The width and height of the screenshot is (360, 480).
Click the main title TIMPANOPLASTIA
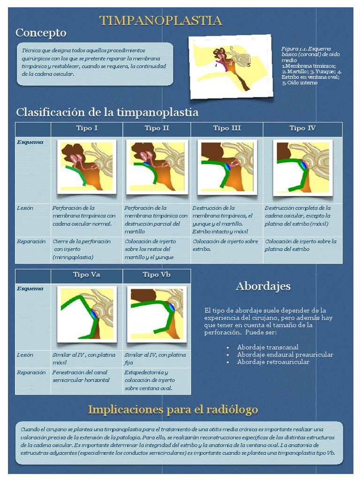click(x=160, y=21)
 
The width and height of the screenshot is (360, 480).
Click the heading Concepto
click(x=41, y=33)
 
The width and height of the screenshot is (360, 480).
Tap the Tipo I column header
click(x=87, y=128)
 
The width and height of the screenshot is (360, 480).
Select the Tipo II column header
click(x=157, y=128)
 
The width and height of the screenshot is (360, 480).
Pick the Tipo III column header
click(x=227, y=128)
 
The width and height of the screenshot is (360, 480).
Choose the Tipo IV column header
click(x=302, y=128)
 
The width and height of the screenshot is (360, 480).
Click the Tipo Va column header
click(x=87, y=275)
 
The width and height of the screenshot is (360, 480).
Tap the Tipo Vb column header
click(x=157, y=275)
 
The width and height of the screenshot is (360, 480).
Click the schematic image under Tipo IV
click(x=303, y=167)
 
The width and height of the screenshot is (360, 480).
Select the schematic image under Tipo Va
click(x=87, y=314)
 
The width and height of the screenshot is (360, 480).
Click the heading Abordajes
click(x=263, y=286)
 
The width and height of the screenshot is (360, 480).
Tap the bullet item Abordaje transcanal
click(x=268, y=347)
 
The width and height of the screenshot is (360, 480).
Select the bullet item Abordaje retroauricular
click(x=273, y=362)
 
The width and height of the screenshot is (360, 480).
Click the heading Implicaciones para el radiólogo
click(x=173, y=410)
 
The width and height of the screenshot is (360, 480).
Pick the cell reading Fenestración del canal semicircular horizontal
click(x=82, y=376)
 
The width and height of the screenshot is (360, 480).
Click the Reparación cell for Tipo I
click(x=82, y=249)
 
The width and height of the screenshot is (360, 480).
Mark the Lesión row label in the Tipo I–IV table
click(x=25, y=208)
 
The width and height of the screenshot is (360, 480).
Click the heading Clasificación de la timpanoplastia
click(x=107, y=112)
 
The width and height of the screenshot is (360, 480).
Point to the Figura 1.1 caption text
click(x=311, y=66)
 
